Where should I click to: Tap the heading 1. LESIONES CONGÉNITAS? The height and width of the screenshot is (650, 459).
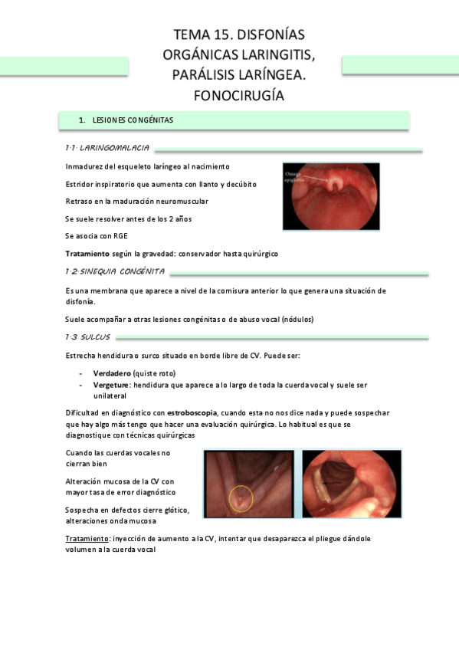133,120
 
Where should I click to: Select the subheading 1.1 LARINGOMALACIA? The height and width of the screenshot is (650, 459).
107,147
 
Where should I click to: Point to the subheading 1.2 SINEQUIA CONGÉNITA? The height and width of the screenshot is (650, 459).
116,271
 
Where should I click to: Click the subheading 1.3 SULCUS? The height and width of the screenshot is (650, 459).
88,336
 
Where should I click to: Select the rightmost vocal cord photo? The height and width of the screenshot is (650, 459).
352,483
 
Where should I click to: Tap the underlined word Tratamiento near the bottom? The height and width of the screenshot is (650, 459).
87,539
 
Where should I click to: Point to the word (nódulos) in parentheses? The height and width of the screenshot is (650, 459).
297,319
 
